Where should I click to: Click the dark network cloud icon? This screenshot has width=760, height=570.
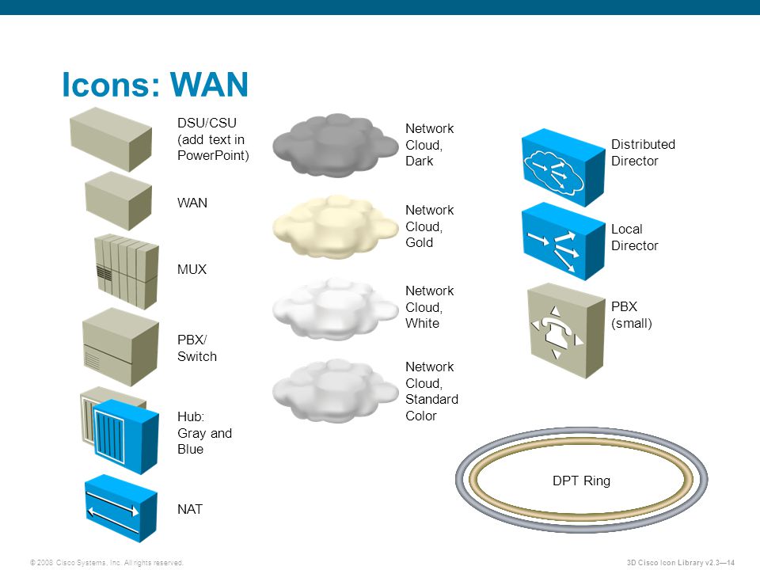(335, 146)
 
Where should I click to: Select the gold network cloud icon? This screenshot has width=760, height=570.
(335, 226)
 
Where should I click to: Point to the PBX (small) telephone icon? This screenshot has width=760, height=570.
(565, 330)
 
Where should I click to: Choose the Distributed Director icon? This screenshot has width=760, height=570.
(562, 167)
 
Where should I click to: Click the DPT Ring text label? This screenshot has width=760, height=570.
(581, 481)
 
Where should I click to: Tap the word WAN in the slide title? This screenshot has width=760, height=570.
(210, 85)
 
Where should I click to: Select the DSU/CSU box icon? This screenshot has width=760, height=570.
(111, 139)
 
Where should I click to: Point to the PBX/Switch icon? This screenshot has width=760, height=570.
(116, 347)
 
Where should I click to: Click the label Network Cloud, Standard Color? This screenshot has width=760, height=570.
(431, 391)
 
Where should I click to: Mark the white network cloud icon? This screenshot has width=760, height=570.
(335, 309)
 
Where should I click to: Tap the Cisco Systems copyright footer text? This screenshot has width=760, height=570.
(106, 562)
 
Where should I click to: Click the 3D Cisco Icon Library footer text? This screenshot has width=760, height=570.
(681, 562)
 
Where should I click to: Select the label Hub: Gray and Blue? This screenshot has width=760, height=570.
(204, 433)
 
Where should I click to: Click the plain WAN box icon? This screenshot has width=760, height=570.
(118, 201)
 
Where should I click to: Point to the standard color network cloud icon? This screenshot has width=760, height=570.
(335, 389)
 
